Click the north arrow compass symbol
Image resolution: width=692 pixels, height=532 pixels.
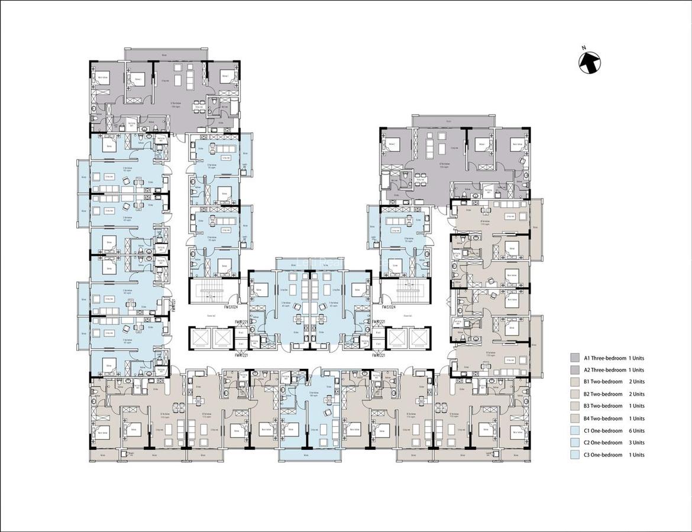click(589, 61)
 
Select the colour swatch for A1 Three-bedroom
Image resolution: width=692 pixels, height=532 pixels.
click(574, 358)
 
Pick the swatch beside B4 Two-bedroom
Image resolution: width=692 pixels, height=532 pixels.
click(574, 419)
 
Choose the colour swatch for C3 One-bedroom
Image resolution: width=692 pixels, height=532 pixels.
click(574, 455)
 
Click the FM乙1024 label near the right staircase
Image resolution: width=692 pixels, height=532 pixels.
click(389, 307)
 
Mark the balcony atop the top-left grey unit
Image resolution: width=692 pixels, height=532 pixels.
click(165, 54)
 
